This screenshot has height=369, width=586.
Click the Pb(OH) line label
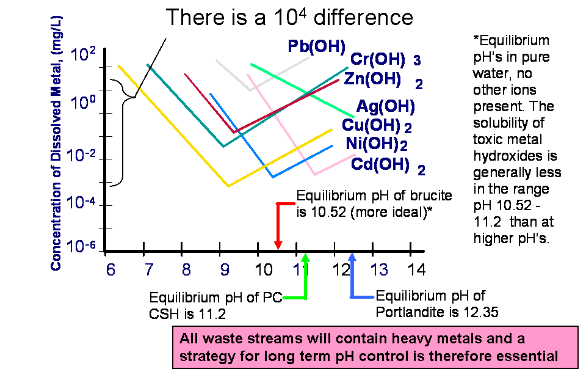click(x=317, y=47)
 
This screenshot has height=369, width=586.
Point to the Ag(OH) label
click(x=386, y=106)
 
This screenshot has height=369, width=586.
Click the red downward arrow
click(x=278, y=226)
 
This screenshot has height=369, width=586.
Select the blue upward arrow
click(x=352, y=275)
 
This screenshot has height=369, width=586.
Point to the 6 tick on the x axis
click(x=110, y=270)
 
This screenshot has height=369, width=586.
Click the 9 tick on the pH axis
click(x=225, y=270)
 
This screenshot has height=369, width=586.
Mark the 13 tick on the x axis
click(x=380, y=270)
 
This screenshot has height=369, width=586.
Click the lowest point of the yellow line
click(x=228, y=186)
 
